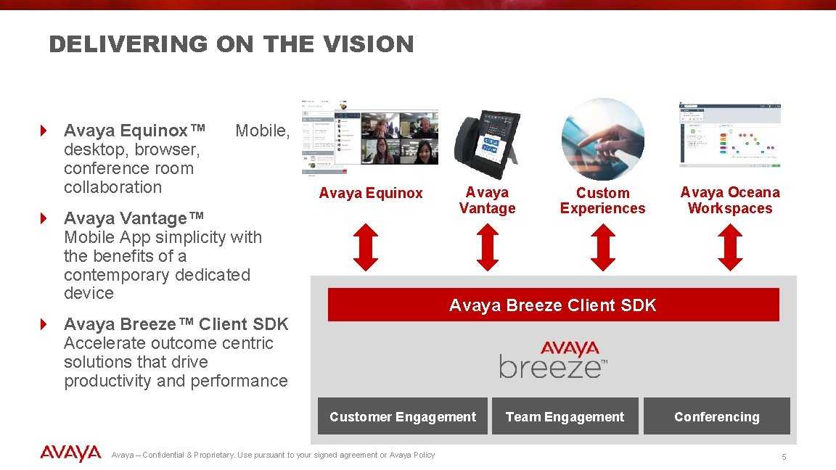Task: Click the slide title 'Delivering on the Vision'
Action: pos(231,44)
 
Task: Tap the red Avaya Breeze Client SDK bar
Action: pos(553,305)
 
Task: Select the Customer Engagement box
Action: pos(403,416)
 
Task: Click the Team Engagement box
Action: pos(565,416)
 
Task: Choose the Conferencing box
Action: pos(716,416)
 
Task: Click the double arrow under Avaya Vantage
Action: pos(488,247)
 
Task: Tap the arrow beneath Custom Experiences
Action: pos(602,247)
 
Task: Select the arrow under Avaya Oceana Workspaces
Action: pos(729,247)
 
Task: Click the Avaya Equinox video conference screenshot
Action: pos(370,139)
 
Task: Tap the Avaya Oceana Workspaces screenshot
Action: pos(729,134)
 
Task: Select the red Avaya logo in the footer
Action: pos(70,453)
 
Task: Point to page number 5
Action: pos(784,457)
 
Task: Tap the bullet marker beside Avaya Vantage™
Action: pos(44,218)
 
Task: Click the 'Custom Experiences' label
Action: pos(602,200)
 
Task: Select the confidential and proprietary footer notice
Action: pos(273,455)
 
